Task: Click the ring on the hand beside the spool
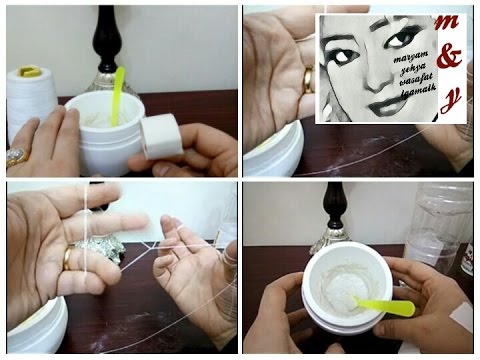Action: (x=17, y=156)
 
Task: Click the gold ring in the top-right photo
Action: (x=308, y=80)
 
